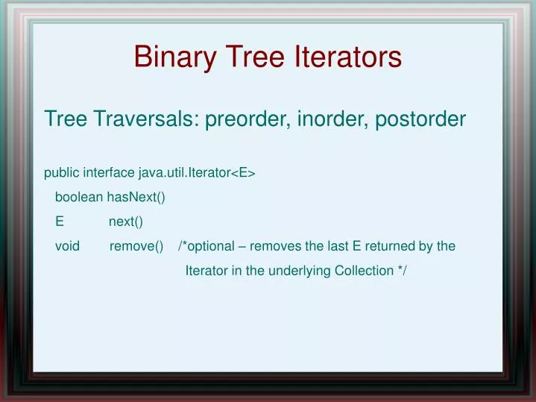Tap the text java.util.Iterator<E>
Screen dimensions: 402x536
point(197,173)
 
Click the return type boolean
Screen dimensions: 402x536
point(78,198)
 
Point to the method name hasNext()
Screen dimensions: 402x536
point(136,198)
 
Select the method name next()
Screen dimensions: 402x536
point(125,222)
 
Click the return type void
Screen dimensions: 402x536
point(67,246)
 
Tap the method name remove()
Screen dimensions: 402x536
point(136,246)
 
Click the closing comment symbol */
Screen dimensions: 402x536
point(403,271)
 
